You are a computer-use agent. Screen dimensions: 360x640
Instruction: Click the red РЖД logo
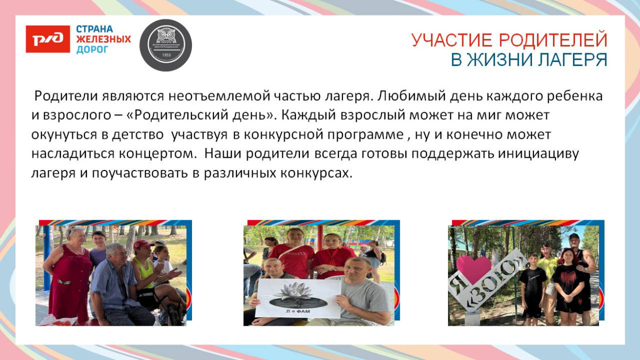(x=48, y=39)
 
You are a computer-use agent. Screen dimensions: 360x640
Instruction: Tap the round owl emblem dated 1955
(x=165, y=45)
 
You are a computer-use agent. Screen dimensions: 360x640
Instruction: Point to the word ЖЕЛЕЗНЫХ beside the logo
(x=103, y=39)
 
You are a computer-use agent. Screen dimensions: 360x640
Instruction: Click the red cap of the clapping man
(x=142, y=244)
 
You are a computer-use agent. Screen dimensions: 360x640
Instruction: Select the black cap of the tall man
(x=574, y=237)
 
